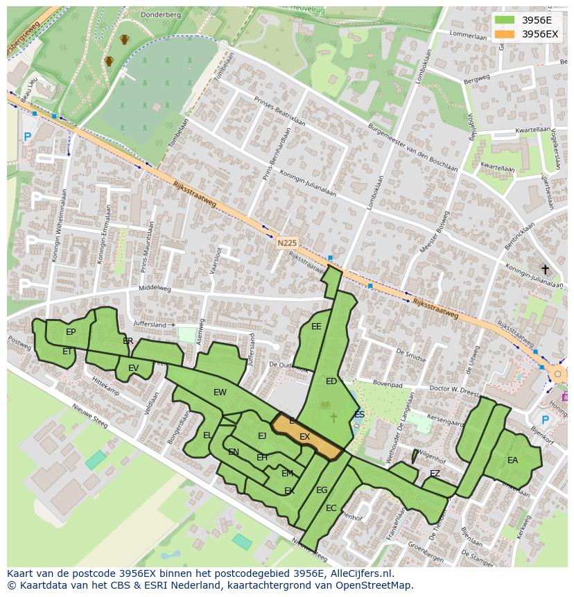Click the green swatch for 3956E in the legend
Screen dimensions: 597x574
505,20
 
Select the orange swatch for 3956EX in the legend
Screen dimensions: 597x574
505,34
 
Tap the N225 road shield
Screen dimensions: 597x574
286,243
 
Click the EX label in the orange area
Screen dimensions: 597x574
304,437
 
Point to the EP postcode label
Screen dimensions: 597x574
71,332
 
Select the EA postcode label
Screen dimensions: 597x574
512,460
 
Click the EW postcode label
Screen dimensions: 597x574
220,392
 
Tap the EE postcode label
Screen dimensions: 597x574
316,327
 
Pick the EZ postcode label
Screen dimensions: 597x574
435,474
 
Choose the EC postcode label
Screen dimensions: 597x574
331,508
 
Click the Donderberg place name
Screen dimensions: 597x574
160,15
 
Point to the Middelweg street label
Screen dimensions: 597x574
155,288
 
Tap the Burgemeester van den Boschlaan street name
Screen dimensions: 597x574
414,146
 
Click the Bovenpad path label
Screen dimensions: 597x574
387,382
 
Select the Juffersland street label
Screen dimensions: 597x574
150,325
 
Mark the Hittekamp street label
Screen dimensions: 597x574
105,387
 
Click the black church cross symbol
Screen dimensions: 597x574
545,269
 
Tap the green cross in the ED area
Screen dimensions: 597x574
333,417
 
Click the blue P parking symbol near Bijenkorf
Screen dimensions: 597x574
545,419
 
